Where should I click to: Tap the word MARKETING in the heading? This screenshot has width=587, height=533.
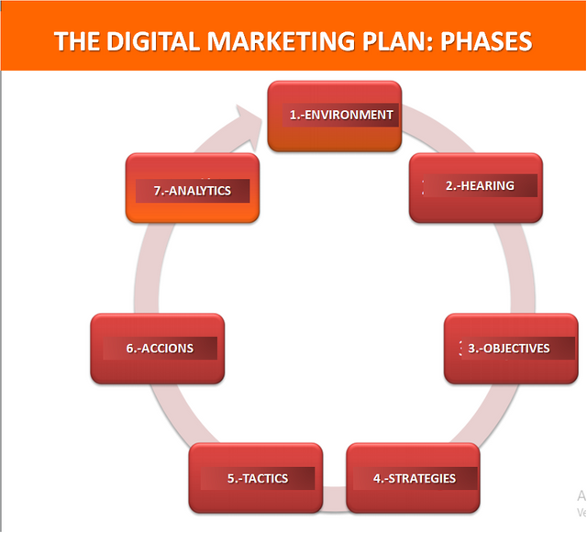pyautogui.click(x=281, y=41)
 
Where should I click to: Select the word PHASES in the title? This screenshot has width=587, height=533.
pyautogui.click(x=486, y=41)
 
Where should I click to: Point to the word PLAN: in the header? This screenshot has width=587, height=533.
pyautogui.click(x=397, y=41)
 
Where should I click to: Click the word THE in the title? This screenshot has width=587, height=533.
pyautogui.click(x=77, y=41)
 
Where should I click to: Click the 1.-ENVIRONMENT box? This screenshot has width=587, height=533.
pyautogui.click(x=335, y=117)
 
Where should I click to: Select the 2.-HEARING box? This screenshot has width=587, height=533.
pyautogui.click(x=476, y=188)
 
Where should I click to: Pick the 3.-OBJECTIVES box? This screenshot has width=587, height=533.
pyautogui.click(x=511, y=349)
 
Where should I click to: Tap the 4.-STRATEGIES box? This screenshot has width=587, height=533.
pyautogui.click(x=413, y=478)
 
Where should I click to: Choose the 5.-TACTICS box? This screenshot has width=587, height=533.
pyautogui.click(x=256, y=478)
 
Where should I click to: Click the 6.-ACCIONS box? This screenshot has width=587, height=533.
pyautogui.click(x=158, y=349)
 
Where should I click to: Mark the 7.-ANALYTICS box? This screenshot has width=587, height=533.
pyautogui.click(x=193, y=188)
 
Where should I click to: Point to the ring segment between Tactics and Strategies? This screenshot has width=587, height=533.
pyautogui.click(x=334, y=498)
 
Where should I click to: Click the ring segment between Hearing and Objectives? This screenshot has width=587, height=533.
pyautogui.click(x=521, y=268)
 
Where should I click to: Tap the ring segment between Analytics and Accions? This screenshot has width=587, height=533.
pyautogui.click(x=148, y=268)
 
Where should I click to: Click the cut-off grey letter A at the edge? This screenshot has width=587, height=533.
pyautogui.click(x=581, y=495)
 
